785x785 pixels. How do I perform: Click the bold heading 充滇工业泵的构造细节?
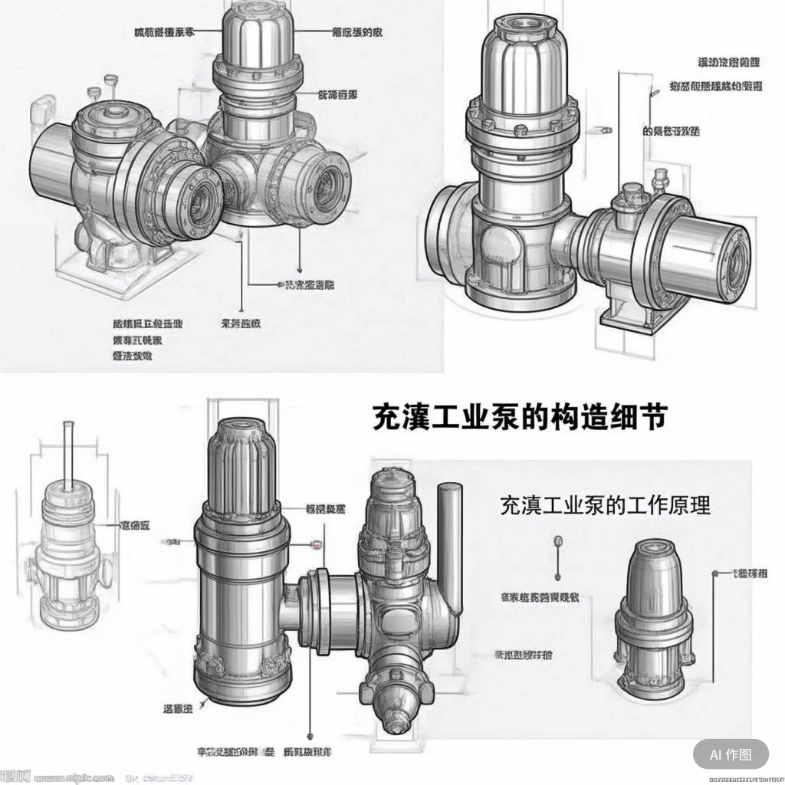coord(519,417)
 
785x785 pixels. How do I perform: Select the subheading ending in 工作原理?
coord(605,505)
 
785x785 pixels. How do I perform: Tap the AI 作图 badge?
coord(731,754)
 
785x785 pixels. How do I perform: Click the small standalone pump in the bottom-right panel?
coord(653,613)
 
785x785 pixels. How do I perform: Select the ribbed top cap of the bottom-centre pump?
coord(245,467)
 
